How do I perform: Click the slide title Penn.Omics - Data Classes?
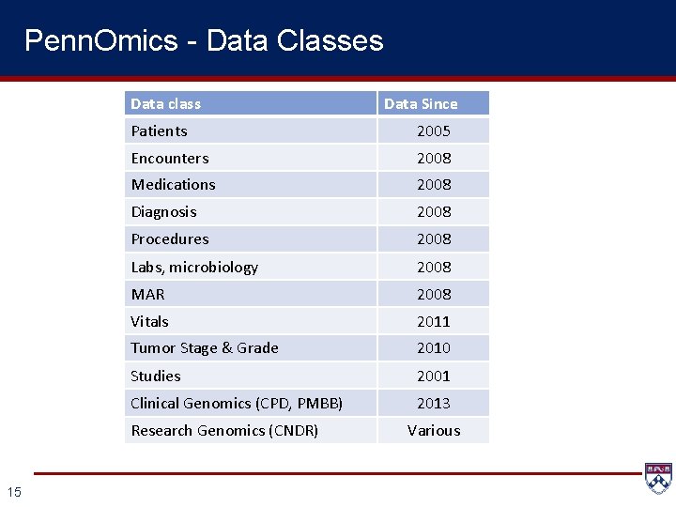point(204,41)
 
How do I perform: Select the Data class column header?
point(166,103)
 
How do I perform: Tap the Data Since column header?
point(421,103)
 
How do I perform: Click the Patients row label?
point(160,131)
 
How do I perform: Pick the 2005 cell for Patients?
point(434,131)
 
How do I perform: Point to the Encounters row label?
point(170,158)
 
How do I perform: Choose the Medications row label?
point(174,184)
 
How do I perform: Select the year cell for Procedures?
point(434,238)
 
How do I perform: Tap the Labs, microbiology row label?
point(194,267)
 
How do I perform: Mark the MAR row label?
point(148,294)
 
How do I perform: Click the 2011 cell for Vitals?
point(434,321)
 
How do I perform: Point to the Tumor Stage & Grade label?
point(205,347)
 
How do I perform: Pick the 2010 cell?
point(434,347)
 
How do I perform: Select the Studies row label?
point(156,376)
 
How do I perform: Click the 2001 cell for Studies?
point(434,376)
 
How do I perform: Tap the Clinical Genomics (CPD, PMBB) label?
point(237,403)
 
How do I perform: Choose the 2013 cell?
point(434,403)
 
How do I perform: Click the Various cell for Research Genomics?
point(434,430)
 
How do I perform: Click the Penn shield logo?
point(658,478)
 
